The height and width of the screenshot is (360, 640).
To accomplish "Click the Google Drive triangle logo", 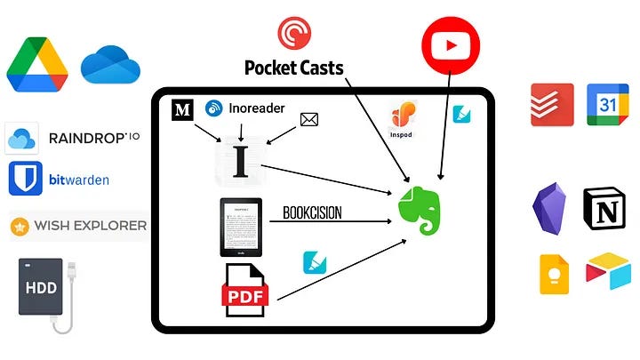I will click(38, 65).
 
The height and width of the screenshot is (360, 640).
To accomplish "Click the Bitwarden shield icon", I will click(25, 179).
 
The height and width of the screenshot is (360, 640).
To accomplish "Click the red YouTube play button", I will click(450, 43).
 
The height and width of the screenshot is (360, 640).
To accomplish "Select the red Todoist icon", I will click(551, 105).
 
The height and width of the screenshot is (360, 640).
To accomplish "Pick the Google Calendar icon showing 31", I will click(607, 105).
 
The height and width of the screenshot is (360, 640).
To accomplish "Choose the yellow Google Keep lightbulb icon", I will click(555, 273).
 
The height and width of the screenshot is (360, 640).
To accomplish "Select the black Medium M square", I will click(183, 110).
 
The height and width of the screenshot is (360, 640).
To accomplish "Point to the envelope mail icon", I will click(308, 118).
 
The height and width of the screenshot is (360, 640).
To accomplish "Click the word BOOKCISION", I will click(312, 213).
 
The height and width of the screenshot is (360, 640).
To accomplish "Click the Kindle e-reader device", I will click(241, 228).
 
